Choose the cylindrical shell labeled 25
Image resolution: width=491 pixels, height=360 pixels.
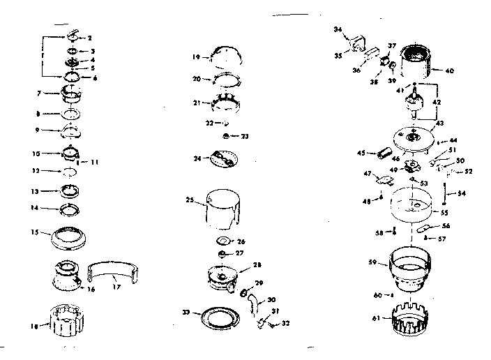(220, 209)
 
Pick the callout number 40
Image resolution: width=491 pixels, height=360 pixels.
(450, 70)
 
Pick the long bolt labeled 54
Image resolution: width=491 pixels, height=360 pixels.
(445, 193)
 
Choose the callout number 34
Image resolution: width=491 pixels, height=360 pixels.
(338, 30)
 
